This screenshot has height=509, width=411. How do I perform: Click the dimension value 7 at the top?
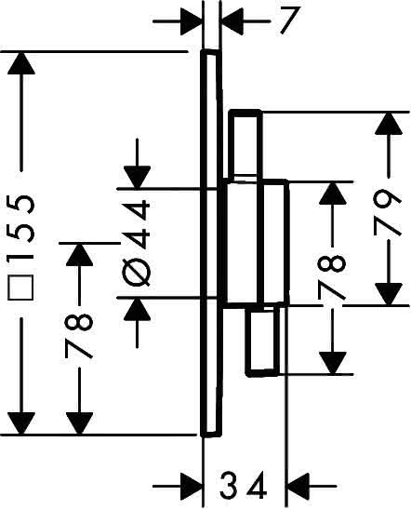(287, 20)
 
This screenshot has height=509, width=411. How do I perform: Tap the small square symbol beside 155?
(20, 288)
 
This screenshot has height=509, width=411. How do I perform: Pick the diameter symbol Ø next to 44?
(137, 272)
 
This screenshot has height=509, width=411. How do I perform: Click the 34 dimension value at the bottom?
(244, 486)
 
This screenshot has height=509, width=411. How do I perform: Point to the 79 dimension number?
(388, 212)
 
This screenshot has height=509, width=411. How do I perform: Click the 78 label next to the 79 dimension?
(331, 277)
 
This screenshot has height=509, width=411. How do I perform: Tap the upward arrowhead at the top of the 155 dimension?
(21, 62)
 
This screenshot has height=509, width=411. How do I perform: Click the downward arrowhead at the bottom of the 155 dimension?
(21, 423)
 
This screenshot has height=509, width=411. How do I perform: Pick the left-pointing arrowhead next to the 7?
(232, 21)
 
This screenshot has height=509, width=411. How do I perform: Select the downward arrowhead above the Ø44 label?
(137, 177)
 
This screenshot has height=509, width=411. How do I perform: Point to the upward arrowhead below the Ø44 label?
(137, 308)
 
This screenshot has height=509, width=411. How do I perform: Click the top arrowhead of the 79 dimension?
(389, 124)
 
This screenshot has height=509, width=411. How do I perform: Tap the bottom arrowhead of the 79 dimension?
(389, 294)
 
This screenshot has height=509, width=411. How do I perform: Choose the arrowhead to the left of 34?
(192, 486)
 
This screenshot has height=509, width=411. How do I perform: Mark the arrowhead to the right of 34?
(298, 486)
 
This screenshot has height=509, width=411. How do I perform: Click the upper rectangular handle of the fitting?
(245, 145)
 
